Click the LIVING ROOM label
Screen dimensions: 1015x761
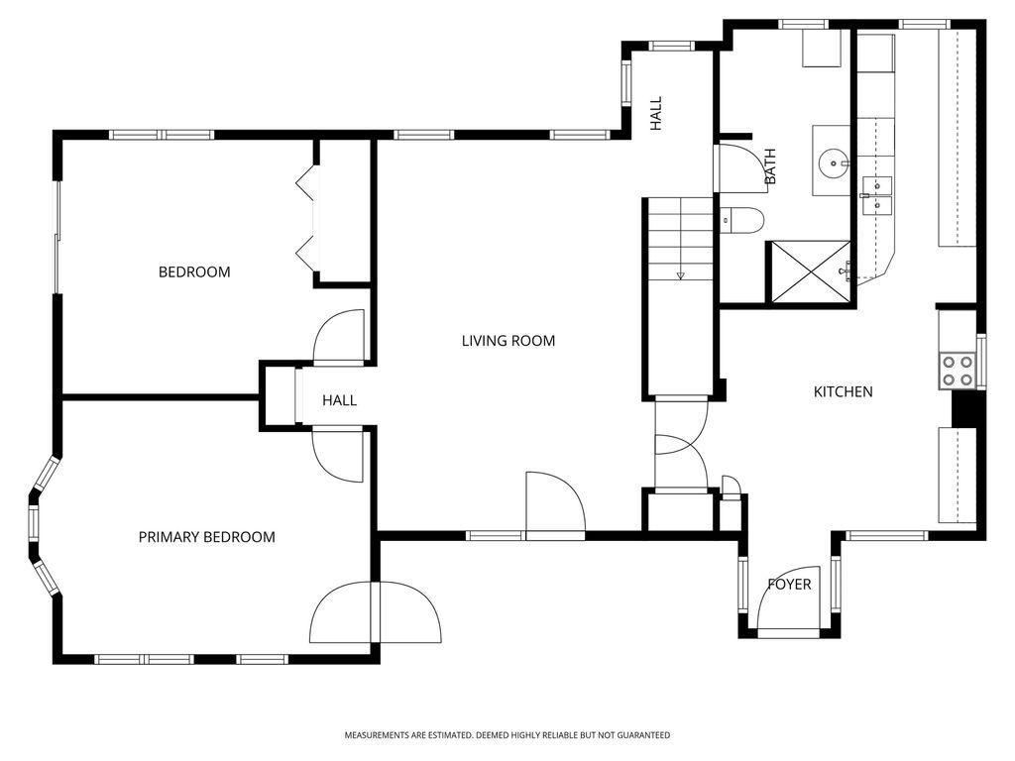click(508, 341)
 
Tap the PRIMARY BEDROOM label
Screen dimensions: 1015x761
click(206, 537)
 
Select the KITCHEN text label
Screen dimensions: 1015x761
click(843, 391)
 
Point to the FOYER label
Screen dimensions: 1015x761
click(789, 585)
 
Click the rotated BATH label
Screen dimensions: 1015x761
click(770, 166)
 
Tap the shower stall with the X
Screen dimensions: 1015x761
click(810, 272)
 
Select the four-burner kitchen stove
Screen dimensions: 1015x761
click(958, 371)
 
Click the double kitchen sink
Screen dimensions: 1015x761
click(877, 195)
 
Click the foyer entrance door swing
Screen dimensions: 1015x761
click(789, 598)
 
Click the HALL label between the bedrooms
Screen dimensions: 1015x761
click(339, 400)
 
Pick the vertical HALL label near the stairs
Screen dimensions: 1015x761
click(656, 114)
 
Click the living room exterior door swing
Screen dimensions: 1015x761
click(555, 503)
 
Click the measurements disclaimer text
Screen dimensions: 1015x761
click(507, 735)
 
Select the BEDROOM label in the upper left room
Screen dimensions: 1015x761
click(194, 272)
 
